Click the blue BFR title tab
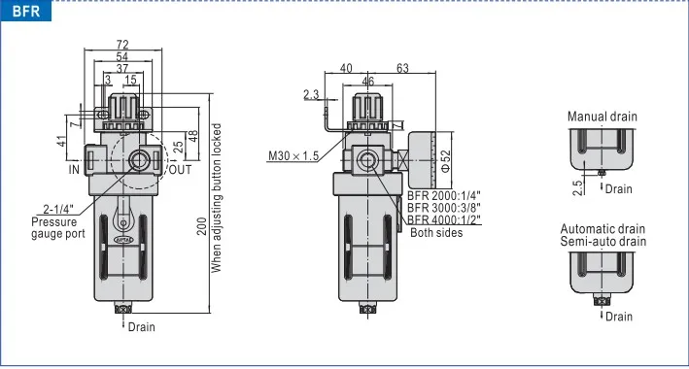click(26, 11)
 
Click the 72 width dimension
click(122, 45)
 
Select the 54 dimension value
click(122, 56)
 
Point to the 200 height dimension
click(202, 226)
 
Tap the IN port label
click(74, 169)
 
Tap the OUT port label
click(180, 170)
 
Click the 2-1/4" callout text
click(58, 209)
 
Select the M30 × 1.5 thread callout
click(293, 156)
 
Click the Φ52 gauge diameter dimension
click(445, 161)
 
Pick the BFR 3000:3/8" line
click(444, 208)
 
